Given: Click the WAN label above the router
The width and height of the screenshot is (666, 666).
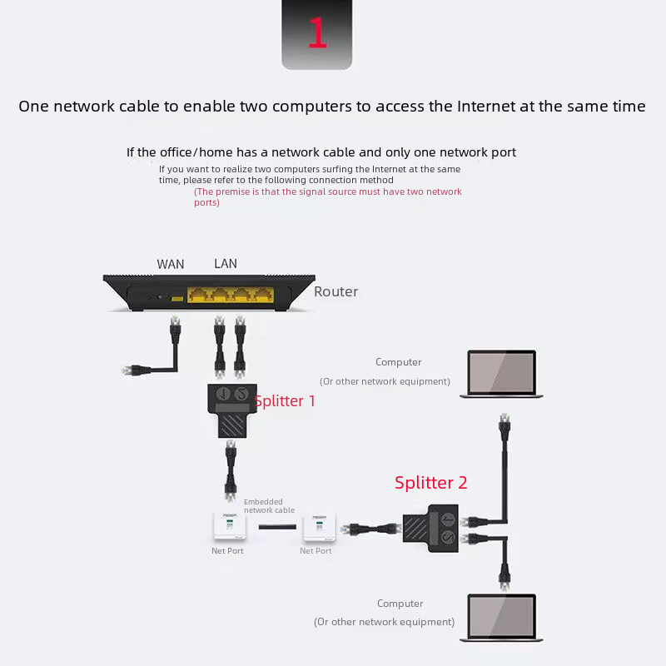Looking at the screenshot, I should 171,265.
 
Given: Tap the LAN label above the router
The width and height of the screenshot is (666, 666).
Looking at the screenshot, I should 226,264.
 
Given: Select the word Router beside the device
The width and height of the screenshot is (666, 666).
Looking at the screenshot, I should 335,292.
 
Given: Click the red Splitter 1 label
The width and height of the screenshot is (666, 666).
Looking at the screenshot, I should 286,401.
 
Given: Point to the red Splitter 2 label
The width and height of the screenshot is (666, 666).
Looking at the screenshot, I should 431,483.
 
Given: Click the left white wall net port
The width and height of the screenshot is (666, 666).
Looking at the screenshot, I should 227,527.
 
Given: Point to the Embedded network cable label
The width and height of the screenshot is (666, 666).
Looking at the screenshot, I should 269,506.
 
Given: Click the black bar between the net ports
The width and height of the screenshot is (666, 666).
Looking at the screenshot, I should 277,528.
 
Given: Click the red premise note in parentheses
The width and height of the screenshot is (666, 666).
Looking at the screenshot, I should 328,197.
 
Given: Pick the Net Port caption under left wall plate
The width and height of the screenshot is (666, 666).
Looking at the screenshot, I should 227,551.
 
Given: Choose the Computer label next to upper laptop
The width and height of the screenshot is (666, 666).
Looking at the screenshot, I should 398,363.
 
